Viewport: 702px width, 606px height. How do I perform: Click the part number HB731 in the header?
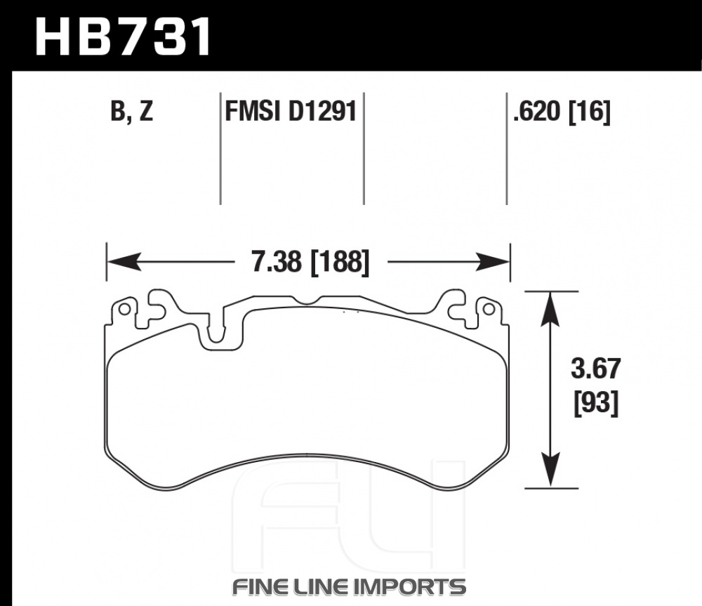[123, 37]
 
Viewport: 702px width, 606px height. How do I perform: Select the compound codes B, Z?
[132, 111]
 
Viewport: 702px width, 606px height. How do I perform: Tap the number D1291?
[322, 111]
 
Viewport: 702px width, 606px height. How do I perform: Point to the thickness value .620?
[537, 111]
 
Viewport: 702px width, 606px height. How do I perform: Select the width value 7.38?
[277, 261]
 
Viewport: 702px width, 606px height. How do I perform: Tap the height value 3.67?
[596, 369]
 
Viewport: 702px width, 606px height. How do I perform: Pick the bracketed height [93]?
[596, 403]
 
